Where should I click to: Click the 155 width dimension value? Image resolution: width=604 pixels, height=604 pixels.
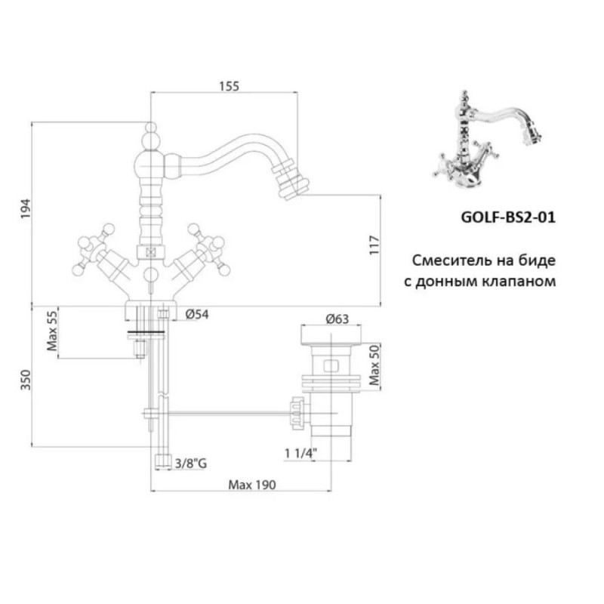(x=230, y=86)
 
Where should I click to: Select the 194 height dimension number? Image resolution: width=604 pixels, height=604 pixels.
(x=26, y=209)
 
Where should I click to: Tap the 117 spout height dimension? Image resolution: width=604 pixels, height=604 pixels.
(x=374, y=245)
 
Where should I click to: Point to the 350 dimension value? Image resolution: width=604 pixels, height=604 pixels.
(x=26, y=380)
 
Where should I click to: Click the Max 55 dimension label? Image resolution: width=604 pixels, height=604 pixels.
(x=52, y=331)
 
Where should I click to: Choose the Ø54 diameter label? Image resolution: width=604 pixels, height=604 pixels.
(x=197, y=314)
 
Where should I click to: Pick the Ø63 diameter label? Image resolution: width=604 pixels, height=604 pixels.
(x=337, y=319)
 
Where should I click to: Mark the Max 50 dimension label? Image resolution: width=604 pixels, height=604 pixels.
(x=374, y=365)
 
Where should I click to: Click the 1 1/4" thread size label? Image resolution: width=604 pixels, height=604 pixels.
(x=300, y=453)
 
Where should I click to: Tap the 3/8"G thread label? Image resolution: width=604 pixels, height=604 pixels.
(x=191, y=463)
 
